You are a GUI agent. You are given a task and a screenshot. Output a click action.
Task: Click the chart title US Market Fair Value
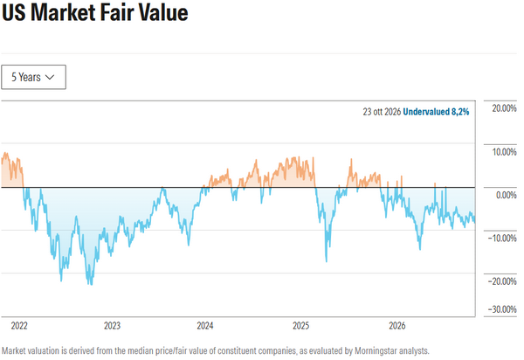click(x=95, y=13)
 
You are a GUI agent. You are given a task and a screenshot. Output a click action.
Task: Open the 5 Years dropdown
click(x=33, y=77)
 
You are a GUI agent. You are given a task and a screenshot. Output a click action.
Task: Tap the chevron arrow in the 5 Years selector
click(x=50, y=77)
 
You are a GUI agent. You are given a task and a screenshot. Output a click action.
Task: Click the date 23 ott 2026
click(x=382, y=112)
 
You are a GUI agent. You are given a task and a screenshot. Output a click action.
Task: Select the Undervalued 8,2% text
click(x=436, y=112)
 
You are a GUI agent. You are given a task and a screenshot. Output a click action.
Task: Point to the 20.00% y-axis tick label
click(x=504, y=108)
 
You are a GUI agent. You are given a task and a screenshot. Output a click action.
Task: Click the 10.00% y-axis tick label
click(x=504, y=152)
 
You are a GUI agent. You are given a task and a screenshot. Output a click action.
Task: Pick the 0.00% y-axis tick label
click(x=506, y=195)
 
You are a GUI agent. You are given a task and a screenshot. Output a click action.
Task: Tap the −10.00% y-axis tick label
click(x=502, y=239)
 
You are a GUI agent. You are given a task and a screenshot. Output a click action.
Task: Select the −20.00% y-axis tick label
click(x=502, y=281)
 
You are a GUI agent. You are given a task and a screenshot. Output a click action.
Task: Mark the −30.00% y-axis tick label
click(x=502, y=309)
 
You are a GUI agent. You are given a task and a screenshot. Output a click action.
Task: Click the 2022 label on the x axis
click(x=19, y=326)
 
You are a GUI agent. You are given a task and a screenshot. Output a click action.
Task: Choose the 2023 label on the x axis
click(x=112, y=326)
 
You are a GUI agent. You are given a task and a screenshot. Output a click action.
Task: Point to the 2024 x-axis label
click(x=205, y=326)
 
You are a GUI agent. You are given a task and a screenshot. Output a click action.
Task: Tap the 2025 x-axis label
click(x=300, y=326)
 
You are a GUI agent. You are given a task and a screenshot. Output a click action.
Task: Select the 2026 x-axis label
click(x=397, y=326)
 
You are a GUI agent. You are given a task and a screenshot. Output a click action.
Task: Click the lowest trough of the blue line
click(x=91, y=284)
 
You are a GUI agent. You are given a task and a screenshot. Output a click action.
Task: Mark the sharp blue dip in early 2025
click(x=327, y=260)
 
